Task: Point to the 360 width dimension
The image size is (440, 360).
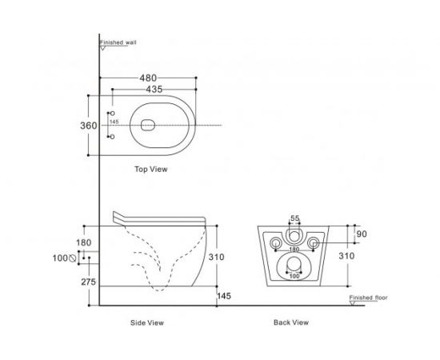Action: pos(89,126)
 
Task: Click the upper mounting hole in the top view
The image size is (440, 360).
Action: pos(112,114)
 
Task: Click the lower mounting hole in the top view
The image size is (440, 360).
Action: pos(112,138)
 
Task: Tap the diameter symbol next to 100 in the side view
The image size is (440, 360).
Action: pos(73,258)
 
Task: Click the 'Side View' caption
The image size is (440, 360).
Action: pos(147,323)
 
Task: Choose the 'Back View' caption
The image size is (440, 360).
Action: pos(291,323)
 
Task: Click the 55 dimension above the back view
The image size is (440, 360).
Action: pos(294,218)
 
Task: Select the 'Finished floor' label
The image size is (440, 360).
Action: pos(368,298)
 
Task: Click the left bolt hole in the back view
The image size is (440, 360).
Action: pos(276,242)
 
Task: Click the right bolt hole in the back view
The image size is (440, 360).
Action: pos(313,242)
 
